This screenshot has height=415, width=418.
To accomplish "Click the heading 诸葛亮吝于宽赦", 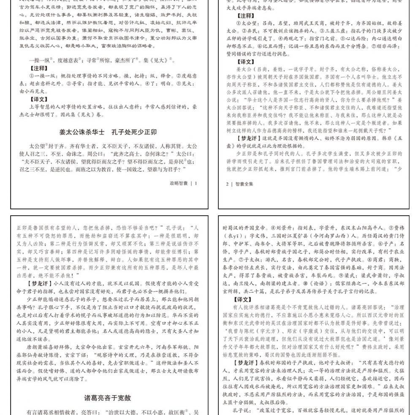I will (107, 398).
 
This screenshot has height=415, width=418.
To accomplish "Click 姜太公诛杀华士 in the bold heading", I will (82, 132).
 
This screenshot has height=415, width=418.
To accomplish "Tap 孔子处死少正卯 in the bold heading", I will (134, 132).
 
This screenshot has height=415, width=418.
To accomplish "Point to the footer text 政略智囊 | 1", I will (183, 183).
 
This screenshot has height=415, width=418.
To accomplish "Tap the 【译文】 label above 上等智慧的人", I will (39, 99).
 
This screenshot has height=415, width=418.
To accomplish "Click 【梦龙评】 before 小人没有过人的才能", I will (41, 283).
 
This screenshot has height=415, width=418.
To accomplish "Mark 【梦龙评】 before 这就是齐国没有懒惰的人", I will (247, 138).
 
